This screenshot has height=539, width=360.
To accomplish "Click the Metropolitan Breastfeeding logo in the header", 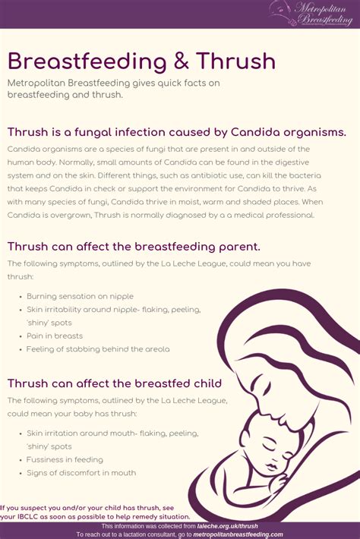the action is tap(311, 14).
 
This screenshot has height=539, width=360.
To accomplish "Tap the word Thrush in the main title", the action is tap(235, 61).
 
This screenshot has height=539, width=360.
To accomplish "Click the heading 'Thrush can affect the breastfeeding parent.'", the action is tap(134, 246).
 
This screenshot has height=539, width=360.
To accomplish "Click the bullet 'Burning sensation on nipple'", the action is tap(80, 296).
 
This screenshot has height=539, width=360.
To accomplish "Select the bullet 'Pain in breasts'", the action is tap(55, 336).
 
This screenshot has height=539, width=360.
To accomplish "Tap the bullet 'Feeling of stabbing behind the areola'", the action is tap(98, 349).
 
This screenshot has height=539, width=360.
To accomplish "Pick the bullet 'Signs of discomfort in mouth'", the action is tap(81, 473).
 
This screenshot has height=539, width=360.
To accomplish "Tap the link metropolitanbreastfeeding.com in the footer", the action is tap(243, 534).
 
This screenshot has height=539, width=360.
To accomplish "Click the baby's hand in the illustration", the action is tap(276, 479).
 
